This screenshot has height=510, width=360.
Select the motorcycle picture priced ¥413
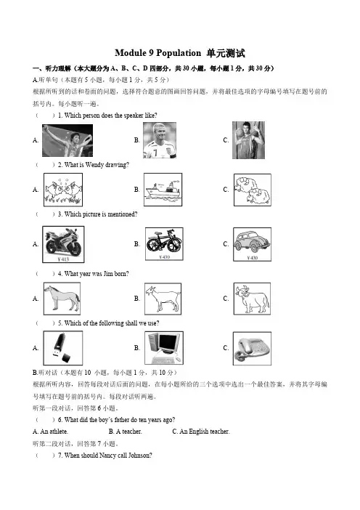[x=63, y=244]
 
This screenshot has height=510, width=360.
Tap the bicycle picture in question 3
[x=164, y=244]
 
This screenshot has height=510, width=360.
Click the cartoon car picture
[x=252, y=244]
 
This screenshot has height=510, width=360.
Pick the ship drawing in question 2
[x=163, y=190]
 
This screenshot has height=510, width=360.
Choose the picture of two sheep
[x=253, y=190]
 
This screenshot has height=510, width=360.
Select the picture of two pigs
[x=63, y=190]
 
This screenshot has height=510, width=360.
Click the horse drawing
[x=62, y=299]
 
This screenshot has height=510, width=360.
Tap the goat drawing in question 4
[x=163, y=299]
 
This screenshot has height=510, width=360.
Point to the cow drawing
[x=252, y=299]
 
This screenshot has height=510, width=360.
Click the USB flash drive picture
[x=63, y=348]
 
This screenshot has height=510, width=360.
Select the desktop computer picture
[x=164, y=348]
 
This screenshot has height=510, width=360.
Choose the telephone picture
[x=252, y=348]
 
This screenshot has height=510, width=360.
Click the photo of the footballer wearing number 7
[x=160, y=140]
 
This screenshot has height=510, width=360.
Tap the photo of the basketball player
[x=248, y=140]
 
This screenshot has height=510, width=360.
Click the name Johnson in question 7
[x=140, y=456]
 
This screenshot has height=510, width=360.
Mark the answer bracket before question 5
[x=45, y=323]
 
